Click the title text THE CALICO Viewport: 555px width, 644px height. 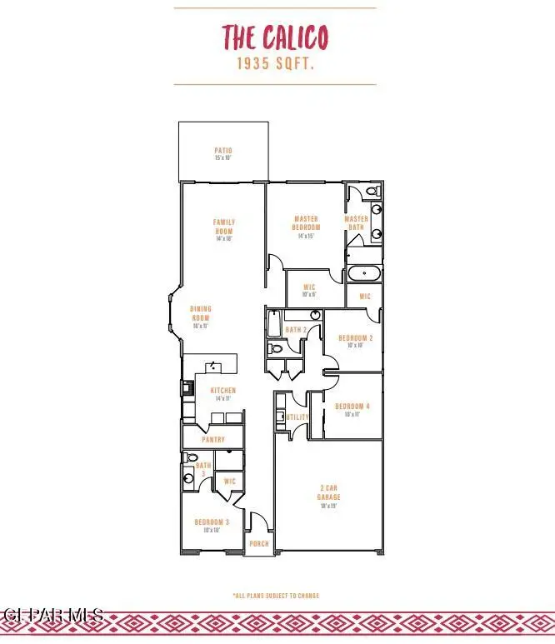pyautogui.click(x=274, y=37)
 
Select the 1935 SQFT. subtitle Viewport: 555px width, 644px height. pyautogui.click(x=274, y=63)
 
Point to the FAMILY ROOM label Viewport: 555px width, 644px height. pyautogui.click(x=224, y=227)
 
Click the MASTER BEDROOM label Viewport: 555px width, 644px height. pyautogui.click(x=306, y=223)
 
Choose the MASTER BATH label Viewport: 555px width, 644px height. pyautogui.click(x=357, y=223)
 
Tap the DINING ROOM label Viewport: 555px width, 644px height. pyautogui.click(x=202, y=313)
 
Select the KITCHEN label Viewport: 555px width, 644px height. pyautogui.click(x=222, y=391)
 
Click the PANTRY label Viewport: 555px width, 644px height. pyautogui.click(x=214, y=438)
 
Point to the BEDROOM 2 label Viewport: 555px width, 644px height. pyautogui.click(x=354, y=338)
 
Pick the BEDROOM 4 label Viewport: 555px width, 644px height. pyautogui.click(x=352, y=407)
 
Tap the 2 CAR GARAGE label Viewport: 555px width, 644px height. pyautogui.click(x=328, y=493)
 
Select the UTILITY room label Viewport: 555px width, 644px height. pyautogui.click(x=297, y=417)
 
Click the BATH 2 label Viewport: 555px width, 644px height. pyautogui.click(x=297, y=330)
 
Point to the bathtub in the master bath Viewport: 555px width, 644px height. pyautogui.click(x=364, y=273)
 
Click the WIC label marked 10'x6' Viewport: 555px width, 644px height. pyautogui.click(x=309, y=289)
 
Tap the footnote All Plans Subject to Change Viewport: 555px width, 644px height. pyautogui.click(x=275, y=596)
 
